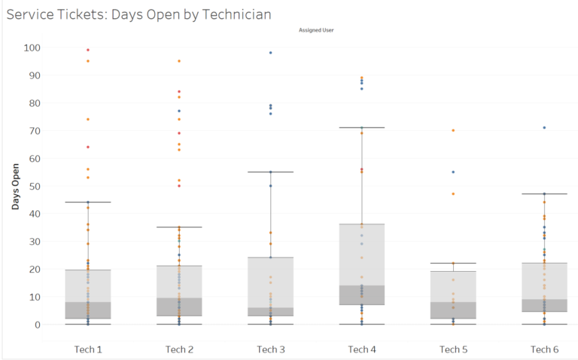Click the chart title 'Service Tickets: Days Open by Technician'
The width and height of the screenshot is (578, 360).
[138, 14]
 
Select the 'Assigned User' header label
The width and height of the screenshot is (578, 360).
[316, 31]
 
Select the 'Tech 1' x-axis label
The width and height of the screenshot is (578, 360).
[88, 349]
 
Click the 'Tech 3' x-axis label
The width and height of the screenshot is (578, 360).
[270, 349]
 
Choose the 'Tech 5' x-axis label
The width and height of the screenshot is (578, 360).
[453, 349]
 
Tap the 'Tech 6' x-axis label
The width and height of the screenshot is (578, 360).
[544, 349]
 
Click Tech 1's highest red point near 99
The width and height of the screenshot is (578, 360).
[88, 50]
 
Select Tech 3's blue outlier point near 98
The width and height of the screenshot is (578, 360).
[270, 53]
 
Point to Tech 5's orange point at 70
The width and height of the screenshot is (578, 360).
[453, 130]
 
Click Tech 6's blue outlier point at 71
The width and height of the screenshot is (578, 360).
[544, 128]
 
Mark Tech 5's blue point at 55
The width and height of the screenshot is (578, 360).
[453, 172]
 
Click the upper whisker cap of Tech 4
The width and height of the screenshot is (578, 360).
[361, 128]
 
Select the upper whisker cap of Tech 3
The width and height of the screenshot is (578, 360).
[270, 172]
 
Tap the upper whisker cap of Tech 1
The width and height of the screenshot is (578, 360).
[88, 202]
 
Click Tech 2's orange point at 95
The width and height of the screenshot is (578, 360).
[179, 61]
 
